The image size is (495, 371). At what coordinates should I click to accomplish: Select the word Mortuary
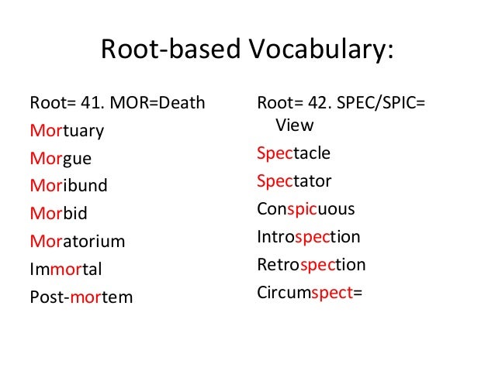coord(66,131)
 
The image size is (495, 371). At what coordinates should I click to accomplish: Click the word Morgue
coord(60,160)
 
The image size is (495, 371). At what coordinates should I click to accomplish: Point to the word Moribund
coord(68,186)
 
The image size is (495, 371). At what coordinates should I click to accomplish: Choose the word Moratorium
coord(77,242)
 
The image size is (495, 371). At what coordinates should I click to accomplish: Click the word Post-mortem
coord(81,297)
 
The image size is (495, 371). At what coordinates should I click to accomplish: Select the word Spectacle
coord(293,153)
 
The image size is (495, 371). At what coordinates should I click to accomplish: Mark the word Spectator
coord(294,181)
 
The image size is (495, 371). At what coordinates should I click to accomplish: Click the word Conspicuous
coord(306,209)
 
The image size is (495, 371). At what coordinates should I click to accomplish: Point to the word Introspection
coord(308,237)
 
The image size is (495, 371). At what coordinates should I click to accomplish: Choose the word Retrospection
coord(310,265)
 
